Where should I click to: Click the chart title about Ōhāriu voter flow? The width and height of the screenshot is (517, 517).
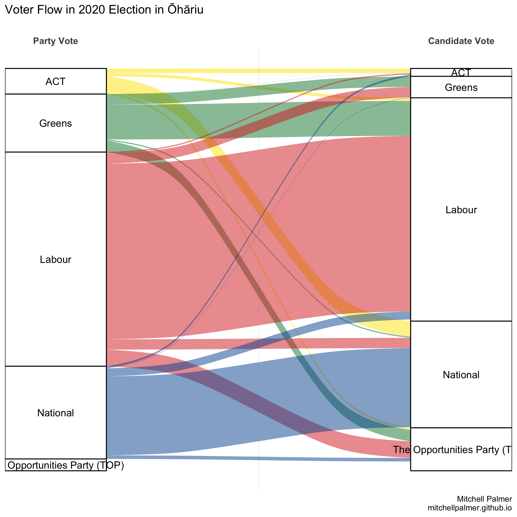104,10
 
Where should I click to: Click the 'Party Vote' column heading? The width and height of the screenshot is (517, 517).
55,41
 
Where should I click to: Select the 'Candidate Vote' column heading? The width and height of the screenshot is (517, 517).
461,41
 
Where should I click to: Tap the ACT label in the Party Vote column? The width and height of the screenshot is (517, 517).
55,81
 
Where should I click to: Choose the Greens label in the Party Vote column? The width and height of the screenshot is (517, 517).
55,123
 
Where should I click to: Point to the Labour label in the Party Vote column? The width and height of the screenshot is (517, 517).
55,260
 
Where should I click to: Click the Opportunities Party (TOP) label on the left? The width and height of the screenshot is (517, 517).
66,465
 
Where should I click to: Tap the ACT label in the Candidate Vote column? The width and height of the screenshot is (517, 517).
461,72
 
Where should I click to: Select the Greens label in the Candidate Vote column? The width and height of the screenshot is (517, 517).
461,88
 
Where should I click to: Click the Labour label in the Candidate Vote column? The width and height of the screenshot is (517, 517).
461,210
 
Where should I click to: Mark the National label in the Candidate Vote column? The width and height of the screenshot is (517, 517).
461,375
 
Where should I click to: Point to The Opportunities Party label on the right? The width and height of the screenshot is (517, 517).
452,450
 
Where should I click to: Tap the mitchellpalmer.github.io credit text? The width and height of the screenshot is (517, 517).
470,508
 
